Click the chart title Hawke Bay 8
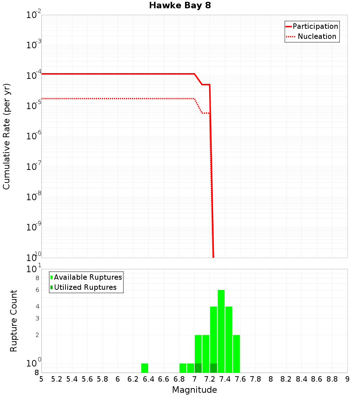180,5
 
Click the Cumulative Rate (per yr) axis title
6,136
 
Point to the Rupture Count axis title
14,321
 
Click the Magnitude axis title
194,390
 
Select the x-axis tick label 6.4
148,379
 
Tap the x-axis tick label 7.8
255,379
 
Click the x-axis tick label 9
347,379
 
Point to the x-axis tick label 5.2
57,379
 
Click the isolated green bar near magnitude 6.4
144,368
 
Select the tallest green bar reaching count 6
221,331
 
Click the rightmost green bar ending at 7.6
236,354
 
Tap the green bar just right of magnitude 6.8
183,368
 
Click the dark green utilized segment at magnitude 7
198,368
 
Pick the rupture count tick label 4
37,306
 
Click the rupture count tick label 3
37,318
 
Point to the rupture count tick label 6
37,290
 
